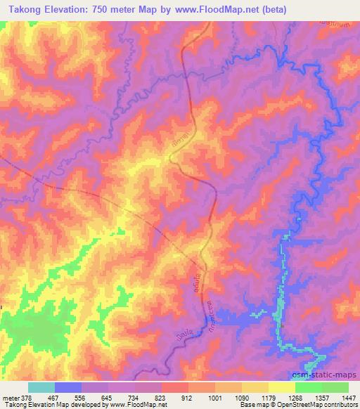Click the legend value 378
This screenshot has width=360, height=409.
pos(24,397)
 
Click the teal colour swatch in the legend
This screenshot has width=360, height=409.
pos(41,387)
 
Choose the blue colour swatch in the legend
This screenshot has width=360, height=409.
pos(68,387)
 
